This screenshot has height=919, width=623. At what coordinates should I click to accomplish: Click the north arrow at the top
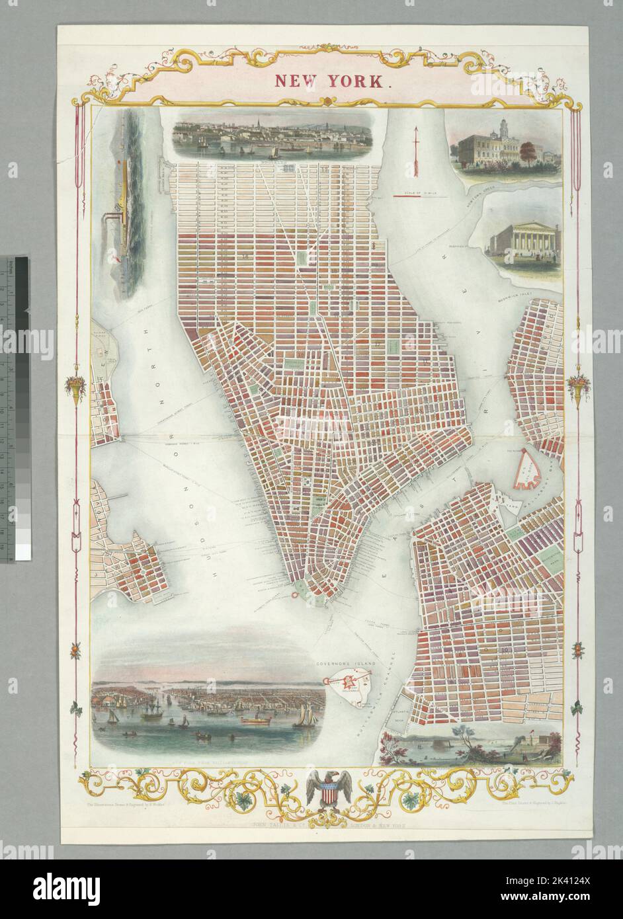coord(417,152)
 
